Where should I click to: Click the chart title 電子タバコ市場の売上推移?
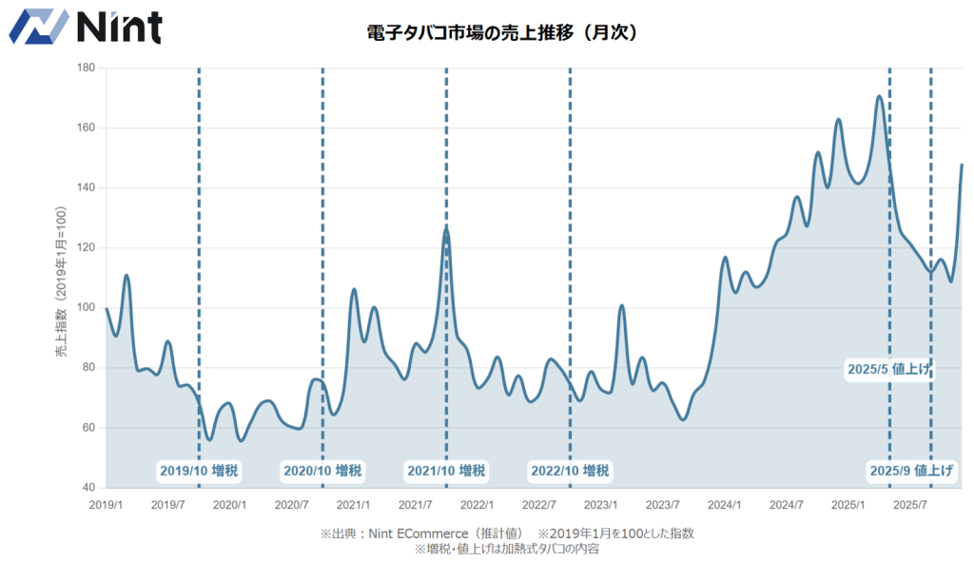coord(501,32)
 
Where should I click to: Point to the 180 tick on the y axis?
coord(86,68)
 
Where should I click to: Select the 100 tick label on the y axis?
coord(86,308)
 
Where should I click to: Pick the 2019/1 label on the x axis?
coord(106,504)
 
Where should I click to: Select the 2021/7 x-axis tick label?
coord(415,504)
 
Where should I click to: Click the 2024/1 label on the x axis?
coord(725,504)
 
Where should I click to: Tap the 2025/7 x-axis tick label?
coord(910,504)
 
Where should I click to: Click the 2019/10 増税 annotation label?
coord(198,471)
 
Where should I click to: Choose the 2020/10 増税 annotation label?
coord(322,471)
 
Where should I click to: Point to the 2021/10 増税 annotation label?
coord(446,471)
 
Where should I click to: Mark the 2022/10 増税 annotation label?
coord(570,471)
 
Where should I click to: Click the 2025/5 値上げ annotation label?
coord(888,369)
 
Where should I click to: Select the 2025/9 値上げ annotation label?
coord(912,471)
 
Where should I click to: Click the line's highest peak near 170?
coord(879,96)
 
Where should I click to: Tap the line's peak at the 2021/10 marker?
coord(446,228)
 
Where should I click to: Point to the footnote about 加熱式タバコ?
coord(506,549)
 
